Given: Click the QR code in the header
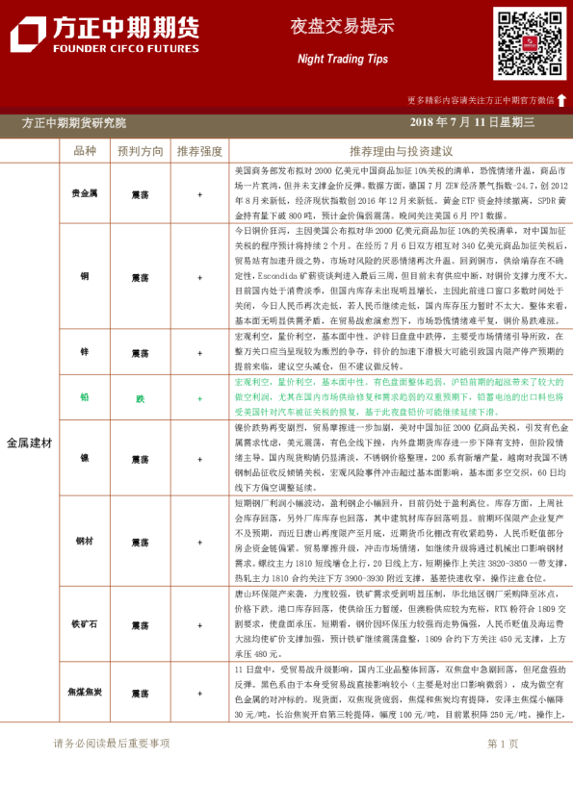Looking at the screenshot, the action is [x=530, y=43].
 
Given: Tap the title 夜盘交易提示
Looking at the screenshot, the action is [x=343, y=27].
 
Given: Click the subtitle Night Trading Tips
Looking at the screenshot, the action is [x=343, y=59].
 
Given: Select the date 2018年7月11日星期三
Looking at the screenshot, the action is [x=472, y=123].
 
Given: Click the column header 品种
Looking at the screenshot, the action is [x=85, y=151].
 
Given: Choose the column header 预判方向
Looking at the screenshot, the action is [x=140, y=151].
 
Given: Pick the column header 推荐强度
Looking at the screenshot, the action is [x=199, y=151].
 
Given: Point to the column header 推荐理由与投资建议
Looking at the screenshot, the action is [x=401, y=151].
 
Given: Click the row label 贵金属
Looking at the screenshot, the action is [x=85, y=193].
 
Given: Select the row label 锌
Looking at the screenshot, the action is [x=85, y=353].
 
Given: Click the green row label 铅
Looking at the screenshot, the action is [x=85, y=397].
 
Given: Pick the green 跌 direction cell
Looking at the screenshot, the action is [x=140, y=397].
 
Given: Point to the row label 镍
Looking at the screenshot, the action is [x=85, y=458].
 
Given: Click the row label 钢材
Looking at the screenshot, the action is [x=85, y=541].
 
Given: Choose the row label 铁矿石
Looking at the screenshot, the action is [x=85, y=622].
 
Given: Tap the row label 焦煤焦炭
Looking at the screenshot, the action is [x=85, y=693].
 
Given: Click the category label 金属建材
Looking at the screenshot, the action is [x=29, y=443].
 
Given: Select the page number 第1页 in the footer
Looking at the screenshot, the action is [x=503, y=744].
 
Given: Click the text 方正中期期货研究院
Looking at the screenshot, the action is [x=73, y=123].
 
